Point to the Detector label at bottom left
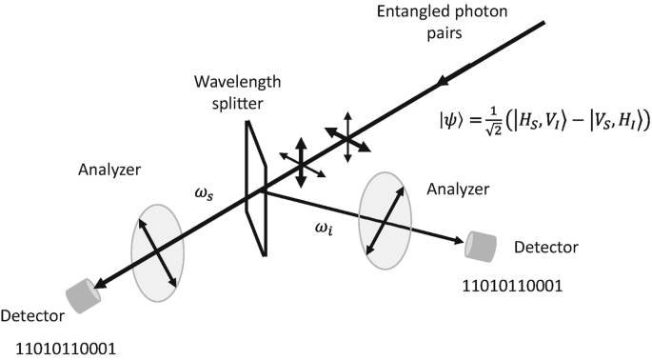(x=32, y=316)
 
